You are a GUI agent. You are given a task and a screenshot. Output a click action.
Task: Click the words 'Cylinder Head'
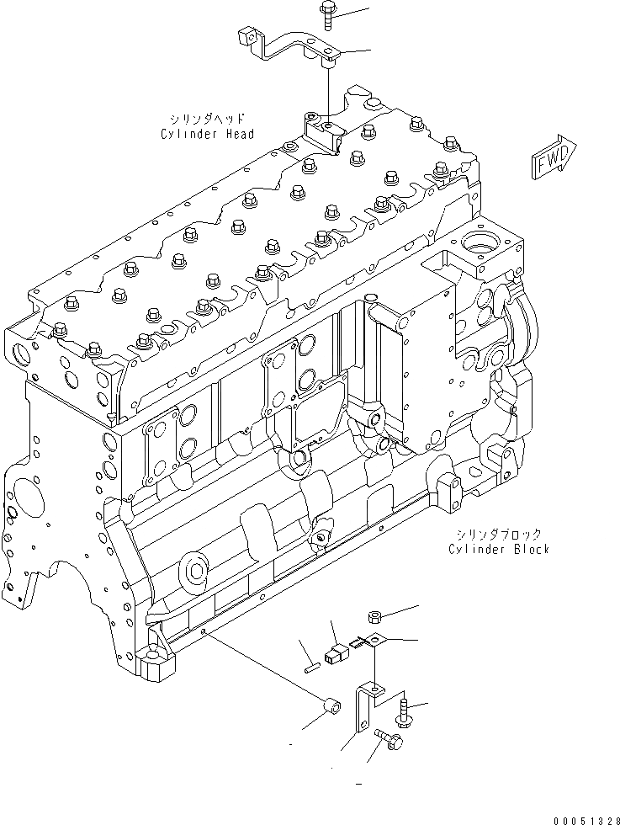tap(208, 134)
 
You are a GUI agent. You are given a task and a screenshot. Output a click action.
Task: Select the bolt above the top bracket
tap(326, 16)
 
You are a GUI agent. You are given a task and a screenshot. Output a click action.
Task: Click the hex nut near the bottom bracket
tap(377, 619)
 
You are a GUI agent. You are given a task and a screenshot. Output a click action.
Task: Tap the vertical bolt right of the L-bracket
tap(406, 712)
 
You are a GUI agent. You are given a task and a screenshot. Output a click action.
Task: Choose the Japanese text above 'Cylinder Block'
tap(500, 534)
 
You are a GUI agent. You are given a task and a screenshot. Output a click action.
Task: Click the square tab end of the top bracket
tap(246, 36)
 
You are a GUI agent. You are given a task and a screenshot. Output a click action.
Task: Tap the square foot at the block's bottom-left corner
tap(158, 667)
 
